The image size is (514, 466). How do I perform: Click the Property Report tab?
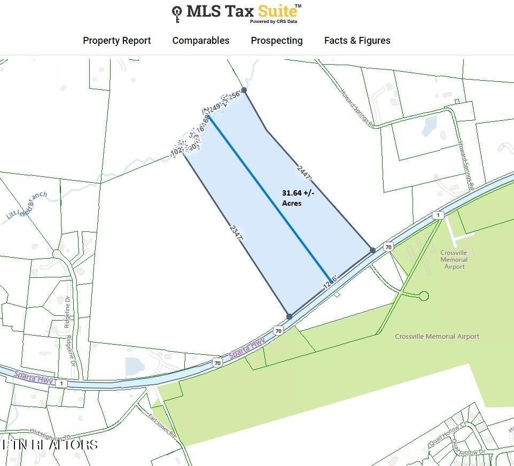(x=116, y=41)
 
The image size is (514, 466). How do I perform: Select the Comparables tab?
(x=200, y=41)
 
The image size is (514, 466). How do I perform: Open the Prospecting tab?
(x=276, y=41)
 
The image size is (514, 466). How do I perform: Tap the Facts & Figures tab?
(x=357, y=41)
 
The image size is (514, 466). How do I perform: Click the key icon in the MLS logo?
(x=177, y=13)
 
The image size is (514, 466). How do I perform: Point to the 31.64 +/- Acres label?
(x=298, y=198)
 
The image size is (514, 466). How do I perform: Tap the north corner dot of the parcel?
(x=244, y=90)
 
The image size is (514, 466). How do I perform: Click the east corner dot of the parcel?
(x=372, y=250)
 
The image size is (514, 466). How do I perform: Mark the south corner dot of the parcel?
(x=289, y=316)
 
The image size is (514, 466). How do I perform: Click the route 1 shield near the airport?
(x=438, y=215)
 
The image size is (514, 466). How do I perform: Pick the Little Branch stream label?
(x=27, y=206)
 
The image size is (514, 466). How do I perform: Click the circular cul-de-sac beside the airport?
(x=424, y=296)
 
